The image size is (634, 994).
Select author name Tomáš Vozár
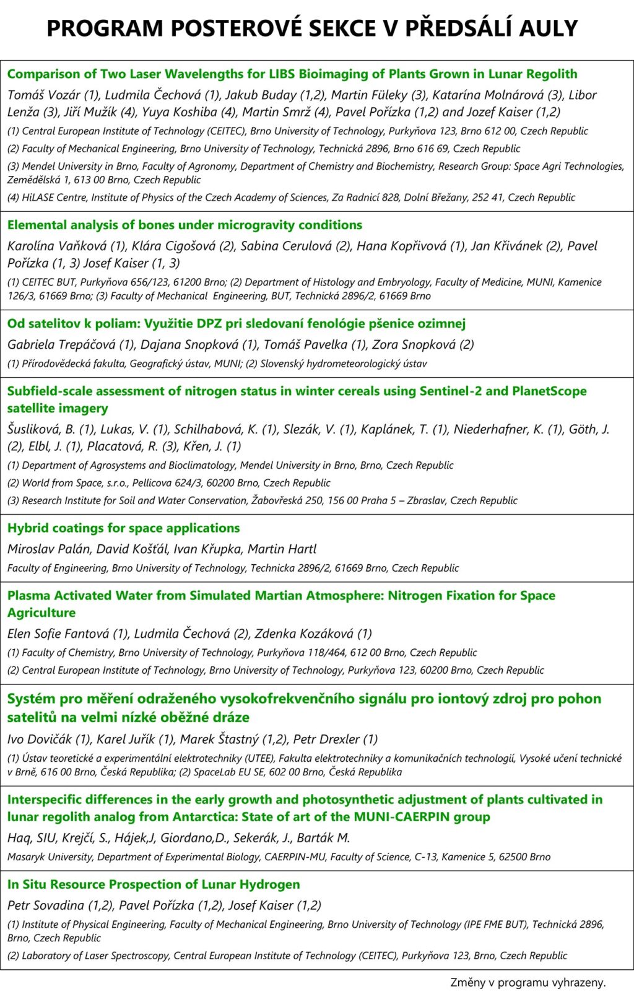43,95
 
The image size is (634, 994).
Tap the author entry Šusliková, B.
41,429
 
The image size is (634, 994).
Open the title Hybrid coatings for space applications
123,528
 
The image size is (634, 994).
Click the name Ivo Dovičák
38,739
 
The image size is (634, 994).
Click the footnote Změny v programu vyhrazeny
528,982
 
